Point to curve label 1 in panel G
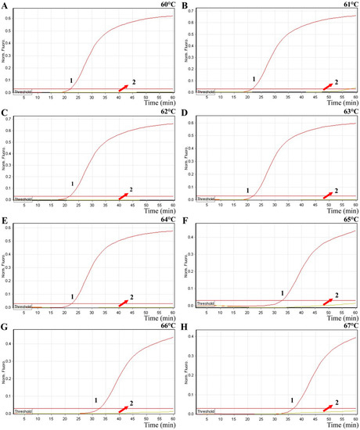click(x=95, y=400)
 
